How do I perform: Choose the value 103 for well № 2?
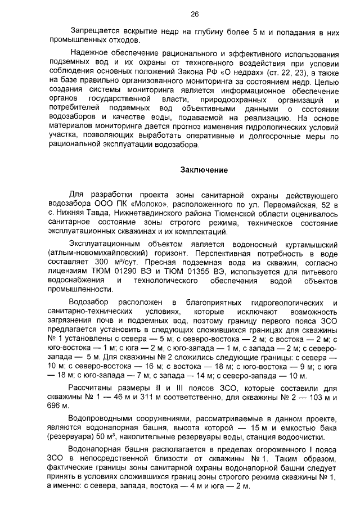click(x=303, y=397)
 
